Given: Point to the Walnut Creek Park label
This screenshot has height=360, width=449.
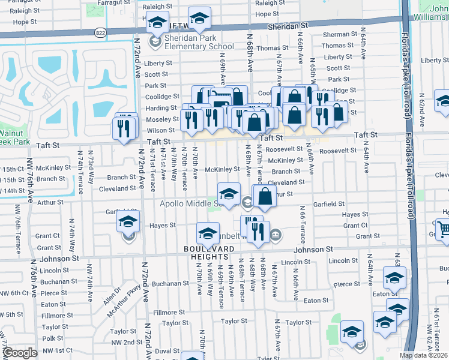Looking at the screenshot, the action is [x=14, y=137].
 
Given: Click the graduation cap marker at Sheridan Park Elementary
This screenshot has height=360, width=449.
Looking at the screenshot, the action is [x=157, y=23].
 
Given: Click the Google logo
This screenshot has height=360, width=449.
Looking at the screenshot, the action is [x=20, y=353].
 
